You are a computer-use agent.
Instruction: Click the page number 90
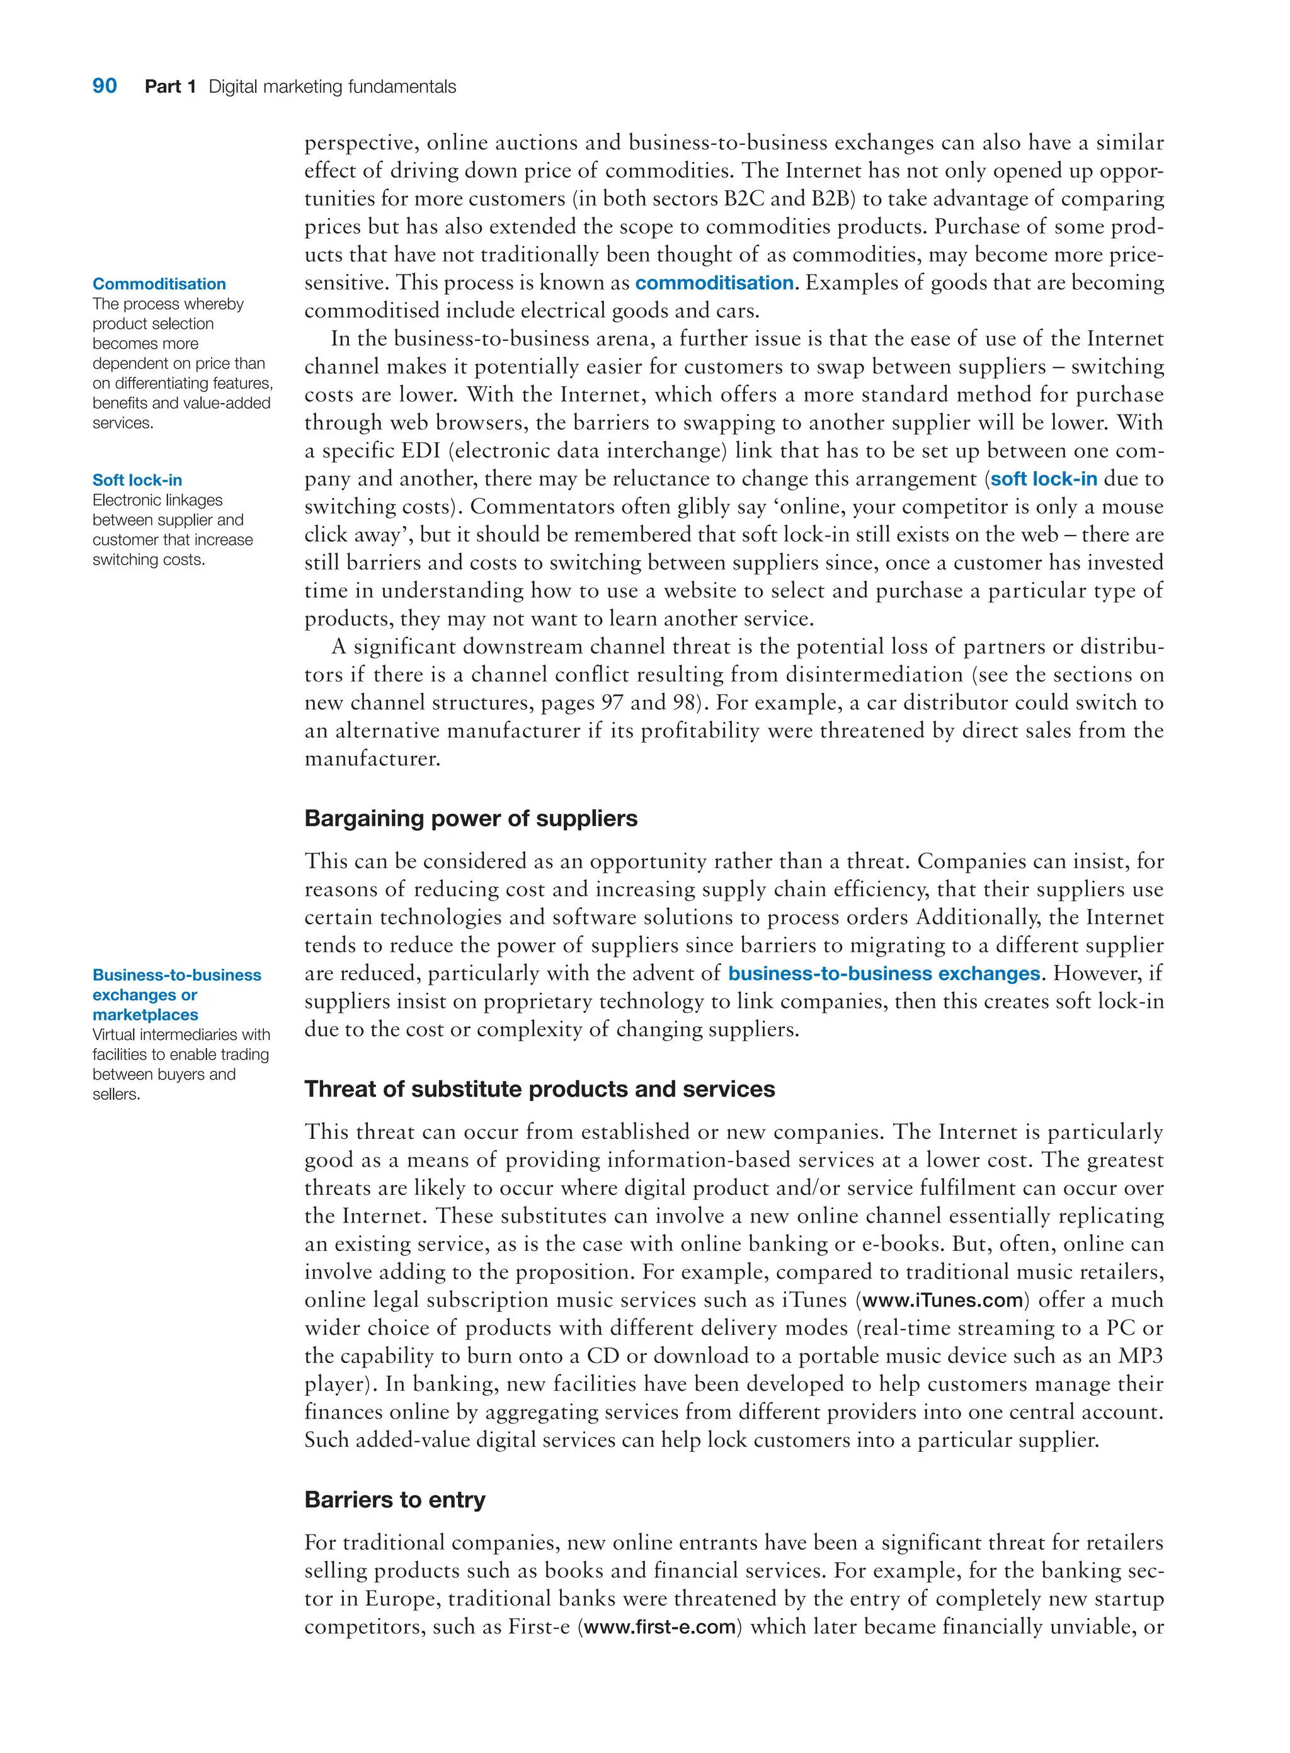coord(105,86)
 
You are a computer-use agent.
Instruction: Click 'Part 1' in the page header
coord(169,87)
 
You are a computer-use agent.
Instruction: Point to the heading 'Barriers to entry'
coord(394,1499)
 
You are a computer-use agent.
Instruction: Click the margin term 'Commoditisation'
coord(159,284)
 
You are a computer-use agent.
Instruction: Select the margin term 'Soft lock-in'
coord(137,480)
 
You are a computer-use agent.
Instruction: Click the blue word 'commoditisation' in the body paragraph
coord(714,283)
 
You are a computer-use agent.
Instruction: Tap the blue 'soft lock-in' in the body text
coord(1043,479)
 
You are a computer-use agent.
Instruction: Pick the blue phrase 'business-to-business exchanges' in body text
coord(883,974)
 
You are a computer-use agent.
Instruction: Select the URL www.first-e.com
coord(660,1626)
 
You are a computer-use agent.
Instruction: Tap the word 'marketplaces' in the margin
coord(146,1015)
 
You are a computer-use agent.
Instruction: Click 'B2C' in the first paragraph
coord(743,199)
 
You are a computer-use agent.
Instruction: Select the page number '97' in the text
coord(612,703)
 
